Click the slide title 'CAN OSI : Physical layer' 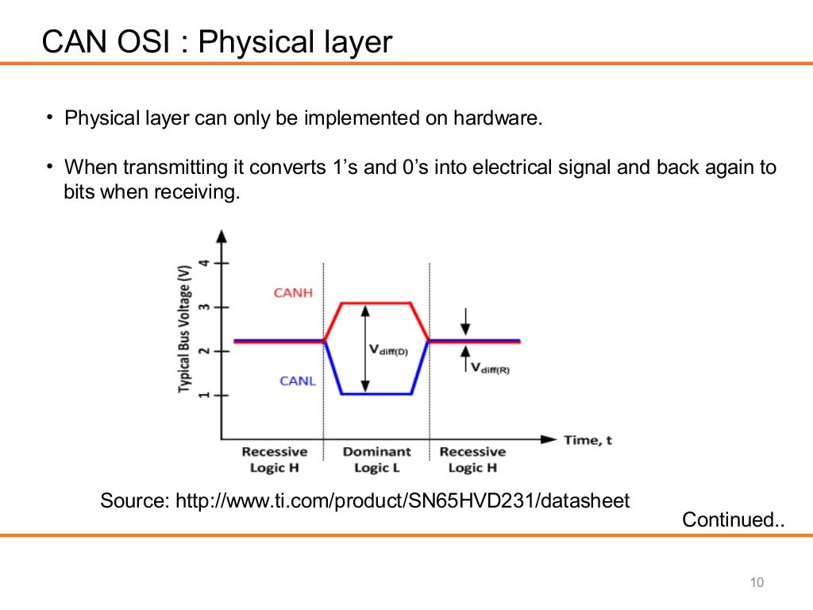pyautogui.click(x=217, y=42)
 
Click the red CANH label pyautogui.click(x=293, y=293)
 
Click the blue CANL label pyautogui.click(x=298, y=381)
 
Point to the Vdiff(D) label pyautogui.click(x=388, y=349)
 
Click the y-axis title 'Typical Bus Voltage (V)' pyautogui.click(x=185, y=328)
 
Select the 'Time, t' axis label pyautogui.click(x=588, y=439)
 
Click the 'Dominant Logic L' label pyautogui.click(x=376, y=460)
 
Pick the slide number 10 pyautogui.click(x=756, y=584)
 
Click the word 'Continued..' pyautogui.click(x=734, y=520)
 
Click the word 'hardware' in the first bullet pyautogui.click(x=498, y=119)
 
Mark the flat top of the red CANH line pyautogui.click(x=376, y=303)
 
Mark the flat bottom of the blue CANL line pyautogui.click(x=376, y=394)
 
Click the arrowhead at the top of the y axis pyautogui.click(x=222, y=236)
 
